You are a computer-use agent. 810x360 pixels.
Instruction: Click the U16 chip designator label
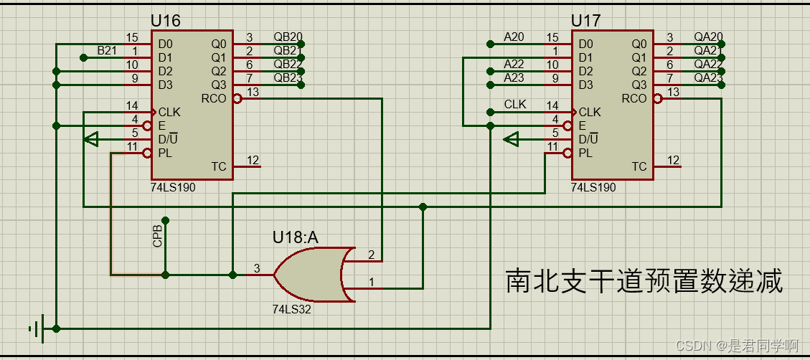pos(165,21)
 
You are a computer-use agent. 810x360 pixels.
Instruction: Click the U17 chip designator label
pos(586,21)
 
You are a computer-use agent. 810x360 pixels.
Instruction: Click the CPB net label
pos(158,237)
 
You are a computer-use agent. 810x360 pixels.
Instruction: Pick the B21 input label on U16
pos(107,50)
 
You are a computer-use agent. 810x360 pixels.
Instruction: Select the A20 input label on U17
pos(514,37)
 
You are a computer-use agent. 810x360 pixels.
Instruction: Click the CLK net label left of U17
pos(515,105)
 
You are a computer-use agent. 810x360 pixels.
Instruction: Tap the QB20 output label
pos(288,37)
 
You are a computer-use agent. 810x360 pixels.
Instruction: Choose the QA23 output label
pos(708,77)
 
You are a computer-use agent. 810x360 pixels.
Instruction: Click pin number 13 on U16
pos(253,91)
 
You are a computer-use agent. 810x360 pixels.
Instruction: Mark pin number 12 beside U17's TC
pos(673,160)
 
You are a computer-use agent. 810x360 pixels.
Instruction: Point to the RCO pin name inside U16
pos(213,99)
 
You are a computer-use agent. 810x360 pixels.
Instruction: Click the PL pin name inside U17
pos(585,153)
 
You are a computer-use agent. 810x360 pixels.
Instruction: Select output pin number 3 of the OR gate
pos(255,268)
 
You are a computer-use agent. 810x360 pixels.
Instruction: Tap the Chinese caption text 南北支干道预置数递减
pos(644,281)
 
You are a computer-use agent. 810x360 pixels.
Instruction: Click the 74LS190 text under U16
pos(173,187)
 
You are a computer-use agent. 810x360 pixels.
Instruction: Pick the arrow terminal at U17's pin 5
pos(512,139)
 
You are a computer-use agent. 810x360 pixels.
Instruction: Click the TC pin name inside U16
pos(218,167)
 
